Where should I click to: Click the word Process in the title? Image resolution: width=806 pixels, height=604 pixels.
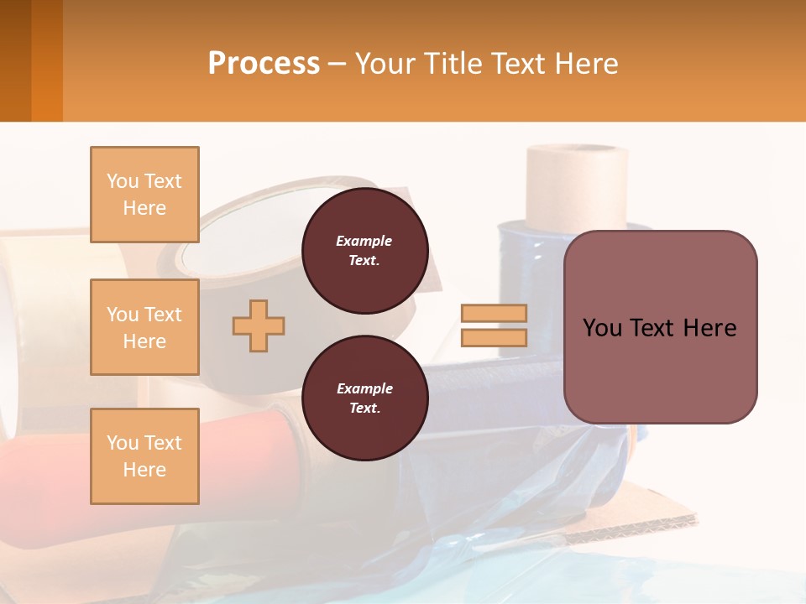point(264,64)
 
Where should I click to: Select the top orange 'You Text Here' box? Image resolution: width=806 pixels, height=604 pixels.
point(144,195)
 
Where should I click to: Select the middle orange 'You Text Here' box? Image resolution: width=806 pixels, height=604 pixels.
point(144,327)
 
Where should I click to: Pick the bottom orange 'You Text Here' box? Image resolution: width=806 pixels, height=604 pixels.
point(144,456)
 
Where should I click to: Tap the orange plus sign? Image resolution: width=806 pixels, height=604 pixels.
point(259,325)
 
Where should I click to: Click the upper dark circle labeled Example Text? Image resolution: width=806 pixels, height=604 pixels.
point(364,251)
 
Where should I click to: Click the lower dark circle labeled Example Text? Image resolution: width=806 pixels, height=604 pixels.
point(364,398)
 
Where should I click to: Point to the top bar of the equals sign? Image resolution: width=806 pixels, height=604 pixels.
point(494,314)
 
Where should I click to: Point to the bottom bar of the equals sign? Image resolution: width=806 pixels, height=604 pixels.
point(494,337)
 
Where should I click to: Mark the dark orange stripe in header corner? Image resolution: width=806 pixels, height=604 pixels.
point(46,60)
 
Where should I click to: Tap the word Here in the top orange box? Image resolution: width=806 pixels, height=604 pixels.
point(144,208)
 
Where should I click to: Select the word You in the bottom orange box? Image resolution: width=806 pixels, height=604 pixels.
point(123,443)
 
